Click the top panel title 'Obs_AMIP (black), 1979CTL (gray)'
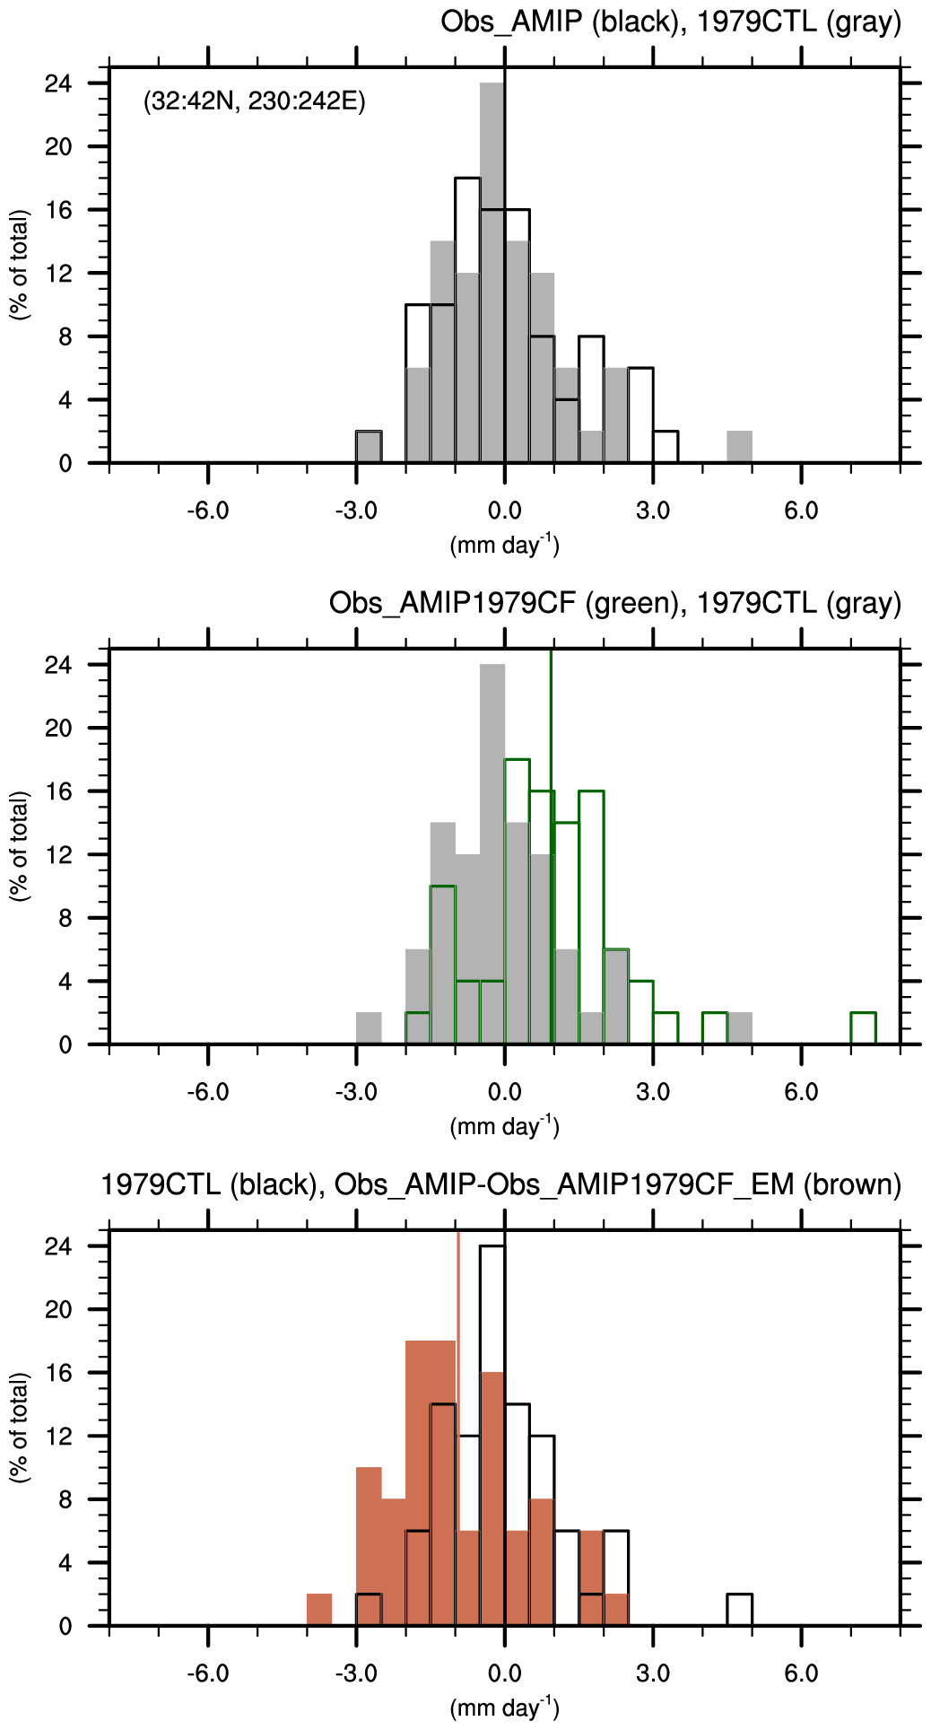(670, 22)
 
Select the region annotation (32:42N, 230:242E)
(255, 100)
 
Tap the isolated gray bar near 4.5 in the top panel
(739, 447)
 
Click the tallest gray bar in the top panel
(492, 269)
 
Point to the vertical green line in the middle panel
(551, 808)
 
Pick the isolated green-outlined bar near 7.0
(863, 1028)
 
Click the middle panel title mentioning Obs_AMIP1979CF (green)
(614, 603)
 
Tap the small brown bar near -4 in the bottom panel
(319, 1610)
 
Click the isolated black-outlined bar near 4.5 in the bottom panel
(739, 1610)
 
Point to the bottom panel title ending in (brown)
(500, 1184)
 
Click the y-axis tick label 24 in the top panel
(58, 83)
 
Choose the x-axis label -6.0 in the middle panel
(208, 1092)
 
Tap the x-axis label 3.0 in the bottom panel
(653, 1673)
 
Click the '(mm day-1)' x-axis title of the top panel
(504, 545)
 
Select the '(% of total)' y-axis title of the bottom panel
(20, 1427)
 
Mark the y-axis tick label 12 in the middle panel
(58, 855)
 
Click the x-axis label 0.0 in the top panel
(504, 511)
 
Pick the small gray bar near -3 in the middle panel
(369, 1028)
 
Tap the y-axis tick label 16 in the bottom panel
(58, 1373)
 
